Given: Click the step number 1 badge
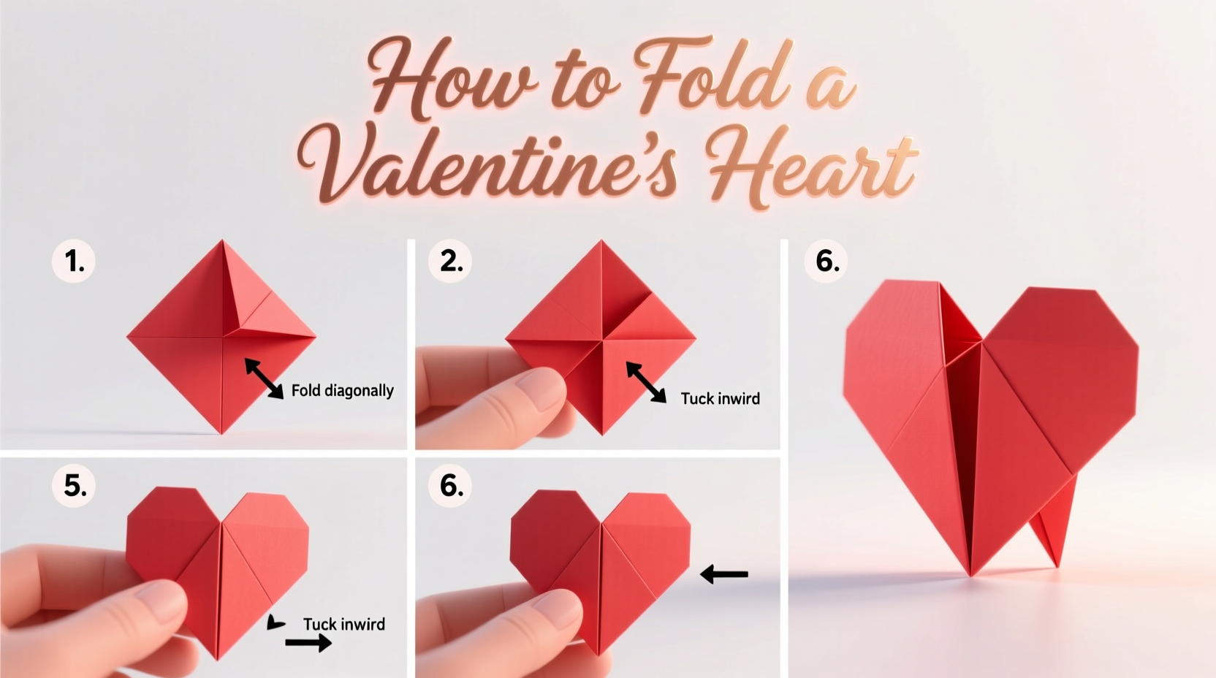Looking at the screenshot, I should coord(74,261).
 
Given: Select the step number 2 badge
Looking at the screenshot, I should coord(451,261).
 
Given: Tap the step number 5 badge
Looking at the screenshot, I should coord(75,486).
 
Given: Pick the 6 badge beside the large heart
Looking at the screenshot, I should coord(826,261).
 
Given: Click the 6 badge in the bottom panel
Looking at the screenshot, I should coord(451,486).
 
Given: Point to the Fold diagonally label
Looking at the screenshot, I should coord(342,391).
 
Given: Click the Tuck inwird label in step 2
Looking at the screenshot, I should coord(720,399).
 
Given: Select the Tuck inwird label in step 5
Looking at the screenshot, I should coord(343,625).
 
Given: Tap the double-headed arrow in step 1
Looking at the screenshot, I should coord(264,378).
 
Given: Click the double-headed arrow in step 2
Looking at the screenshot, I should coord(646,382).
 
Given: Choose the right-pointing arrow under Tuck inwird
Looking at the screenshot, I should coord(308,643).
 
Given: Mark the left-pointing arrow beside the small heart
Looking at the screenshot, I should coord(724,574).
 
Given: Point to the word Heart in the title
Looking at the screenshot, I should coord(811,164).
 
